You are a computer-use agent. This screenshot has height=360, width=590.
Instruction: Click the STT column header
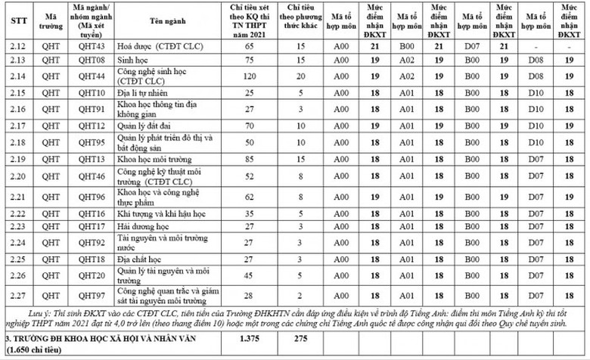19,20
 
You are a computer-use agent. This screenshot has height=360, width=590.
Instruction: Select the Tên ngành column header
157,20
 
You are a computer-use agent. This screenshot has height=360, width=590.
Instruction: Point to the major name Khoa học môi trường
150,159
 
